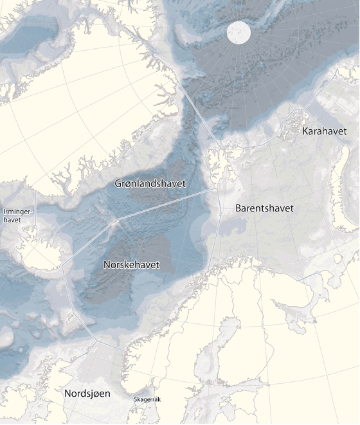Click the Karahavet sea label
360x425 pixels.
coord(324,131)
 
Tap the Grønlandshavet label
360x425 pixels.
coord(150,184)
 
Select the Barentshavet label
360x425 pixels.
coord(264,208)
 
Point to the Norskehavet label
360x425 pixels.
coord(131,265)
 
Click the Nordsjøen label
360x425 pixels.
coord(87,393)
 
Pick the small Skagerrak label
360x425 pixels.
coord(147,400)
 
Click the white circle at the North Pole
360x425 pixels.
coord(238,32)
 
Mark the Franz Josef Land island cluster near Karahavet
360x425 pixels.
coord(293,120)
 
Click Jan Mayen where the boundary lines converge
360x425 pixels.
coord(116,221)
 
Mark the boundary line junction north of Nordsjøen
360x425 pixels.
coord(96,339)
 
